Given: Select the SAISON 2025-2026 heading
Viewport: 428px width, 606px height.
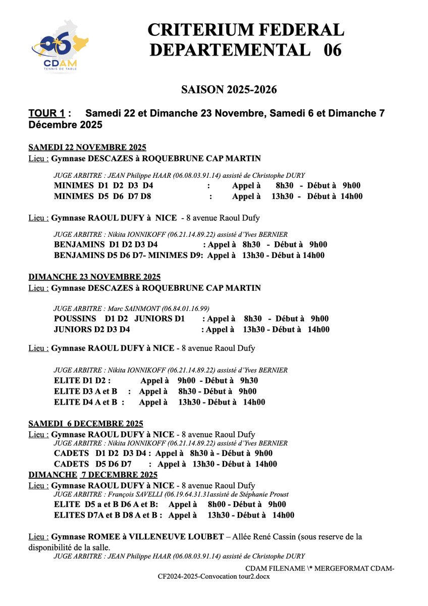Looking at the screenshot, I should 229,90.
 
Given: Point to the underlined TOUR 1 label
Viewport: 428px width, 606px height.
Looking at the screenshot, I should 47,113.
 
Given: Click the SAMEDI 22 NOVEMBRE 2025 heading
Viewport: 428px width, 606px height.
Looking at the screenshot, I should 87,147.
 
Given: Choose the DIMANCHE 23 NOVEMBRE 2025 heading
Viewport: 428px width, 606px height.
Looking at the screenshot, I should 94,277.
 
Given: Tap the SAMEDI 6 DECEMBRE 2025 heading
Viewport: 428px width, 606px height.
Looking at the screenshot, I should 86,423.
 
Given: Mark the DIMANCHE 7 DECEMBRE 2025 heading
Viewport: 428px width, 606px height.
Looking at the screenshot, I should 93,475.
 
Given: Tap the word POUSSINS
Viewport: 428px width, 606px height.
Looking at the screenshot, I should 75,319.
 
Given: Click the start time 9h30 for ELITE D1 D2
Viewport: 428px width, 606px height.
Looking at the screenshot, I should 249,381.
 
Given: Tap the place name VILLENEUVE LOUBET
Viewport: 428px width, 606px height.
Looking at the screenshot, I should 181,536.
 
